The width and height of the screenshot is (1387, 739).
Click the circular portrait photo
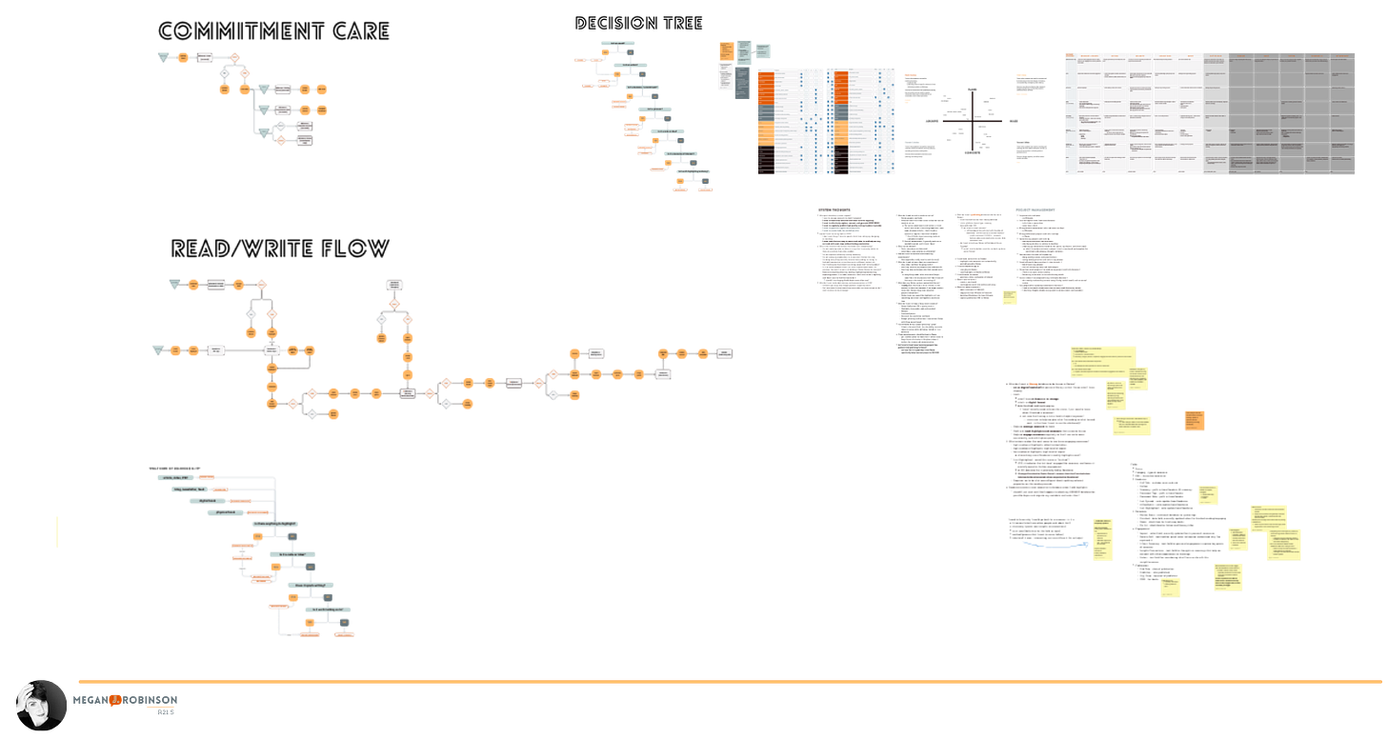point(40,704)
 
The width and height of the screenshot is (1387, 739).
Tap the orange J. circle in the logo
point(113,700)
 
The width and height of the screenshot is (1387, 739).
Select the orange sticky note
point(1195,420)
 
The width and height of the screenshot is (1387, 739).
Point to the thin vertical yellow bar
point(56,530)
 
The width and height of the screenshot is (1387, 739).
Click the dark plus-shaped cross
point(973,121)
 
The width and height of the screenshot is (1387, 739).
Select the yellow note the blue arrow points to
point(1104,540)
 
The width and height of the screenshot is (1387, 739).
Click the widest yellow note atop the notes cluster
point(1102,362)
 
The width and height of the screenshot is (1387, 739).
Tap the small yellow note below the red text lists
point(1009,297)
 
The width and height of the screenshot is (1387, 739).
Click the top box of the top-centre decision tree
point(617,44)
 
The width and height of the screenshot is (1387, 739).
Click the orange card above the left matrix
point(725,50)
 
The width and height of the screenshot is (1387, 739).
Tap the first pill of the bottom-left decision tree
point(174,477)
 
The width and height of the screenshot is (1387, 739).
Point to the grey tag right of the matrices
point(911,142)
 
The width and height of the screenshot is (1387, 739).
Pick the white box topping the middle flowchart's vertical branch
point(393,285)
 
